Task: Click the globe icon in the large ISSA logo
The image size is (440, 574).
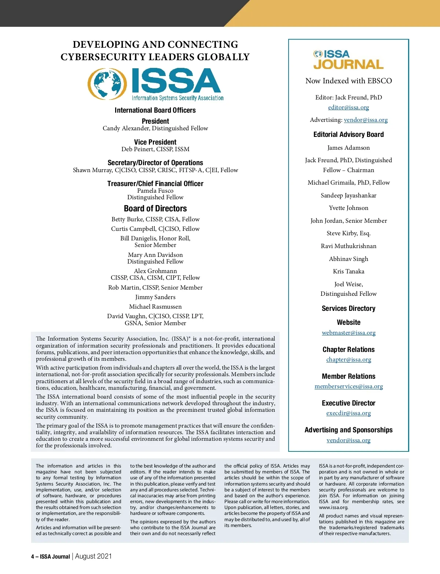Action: click(x=105, y=84)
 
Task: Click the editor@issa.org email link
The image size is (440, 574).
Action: click(x=348, y=108)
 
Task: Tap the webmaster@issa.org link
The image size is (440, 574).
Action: click(x=348, y=333)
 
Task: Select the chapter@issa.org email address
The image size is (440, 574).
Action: click(x=348, y=360)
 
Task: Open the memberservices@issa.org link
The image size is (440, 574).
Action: click(x=348, y=386)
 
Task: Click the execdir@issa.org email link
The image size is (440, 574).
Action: click(x=348, y=413)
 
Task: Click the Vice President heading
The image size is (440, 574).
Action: click(x=155, y=142)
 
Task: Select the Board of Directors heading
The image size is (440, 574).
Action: click(x=155, y=208)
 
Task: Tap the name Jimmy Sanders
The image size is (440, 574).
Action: click(x=155, y=297)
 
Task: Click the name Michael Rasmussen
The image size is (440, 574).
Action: click(x=155, y=307)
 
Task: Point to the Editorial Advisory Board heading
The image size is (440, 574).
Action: click(x=348, y=135)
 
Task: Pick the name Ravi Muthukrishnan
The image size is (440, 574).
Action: click(x=348, y=246)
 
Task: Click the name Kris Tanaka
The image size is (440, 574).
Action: click(x=348, y=272)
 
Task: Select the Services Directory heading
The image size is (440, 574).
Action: click(x=348, y=309)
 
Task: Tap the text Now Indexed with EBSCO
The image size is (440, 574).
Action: click(x=348, y=81)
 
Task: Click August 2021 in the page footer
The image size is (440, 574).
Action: click(x=93, y=556)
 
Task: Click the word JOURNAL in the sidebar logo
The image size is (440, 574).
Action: click(x=348, y=65)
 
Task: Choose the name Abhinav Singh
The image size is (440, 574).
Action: click(x=348, y=259)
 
